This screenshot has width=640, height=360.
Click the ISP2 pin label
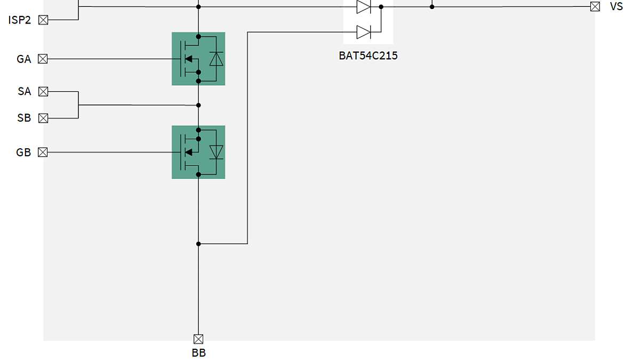pos(20,20)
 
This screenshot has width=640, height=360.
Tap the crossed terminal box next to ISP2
pos(43,20)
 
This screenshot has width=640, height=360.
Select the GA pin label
pos(24,59)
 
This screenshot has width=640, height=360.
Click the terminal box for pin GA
pos(43,59)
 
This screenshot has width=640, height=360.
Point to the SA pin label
pos(25,92)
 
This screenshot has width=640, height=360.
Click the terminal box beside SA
pos(43,92)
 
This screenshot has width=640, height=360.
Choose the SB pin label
pos(25,118)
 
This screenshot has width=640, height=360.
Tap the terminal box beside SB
pos(43,118)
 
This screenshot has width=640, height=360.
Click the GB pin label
pos(24,153)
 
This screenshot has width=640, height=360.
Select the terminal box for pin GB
pos(43,153)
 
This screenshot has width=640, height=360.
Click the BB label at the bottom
pos(198,353)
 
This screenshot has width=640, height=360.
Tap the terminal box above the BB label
pos(198,339)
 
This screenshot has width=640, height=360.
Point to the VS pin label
pos(616,7)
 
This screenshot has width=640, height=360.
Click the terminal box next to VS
pos(595,7)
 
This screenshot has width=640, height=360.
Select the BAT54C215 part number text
pos(368,55)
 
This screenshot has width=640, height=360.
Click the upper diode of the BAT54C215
pos(364,7)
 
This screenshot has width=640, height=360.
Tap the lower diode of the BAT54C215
pos(364,32)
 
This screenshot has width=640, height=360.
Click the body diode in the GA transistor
pos(216,59)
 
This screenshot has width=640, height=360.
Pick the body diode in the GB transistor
pos(216,152)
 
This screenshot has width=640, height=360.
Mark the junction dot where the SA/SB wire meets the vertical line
pos(198,105)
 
